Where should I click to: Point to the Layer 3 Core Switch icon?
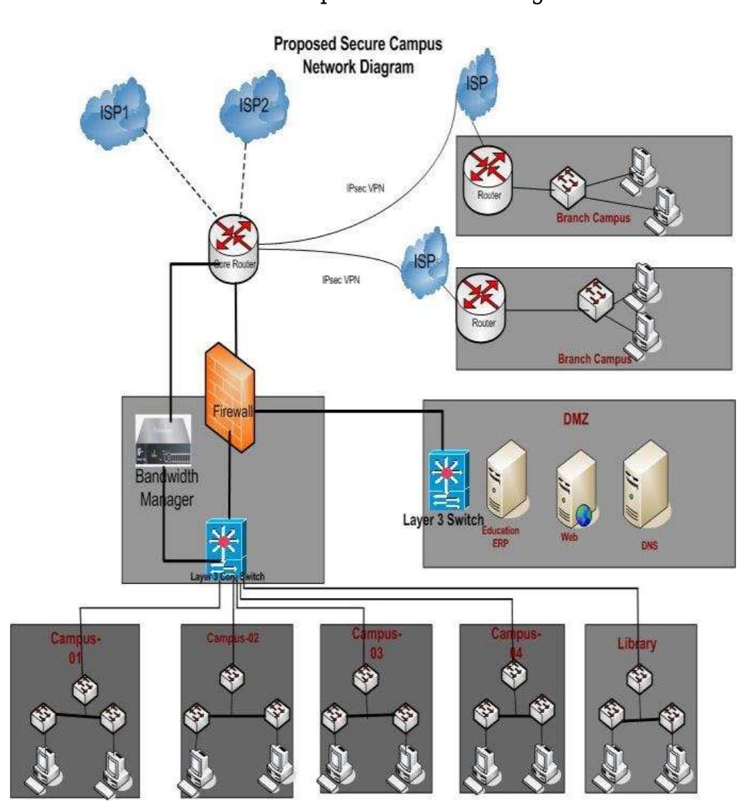point(225,543)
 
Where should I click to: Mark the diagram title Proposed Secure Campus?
point(358,45)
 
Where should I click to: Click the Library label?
point(636,644)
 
